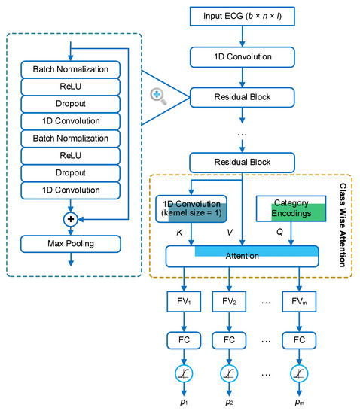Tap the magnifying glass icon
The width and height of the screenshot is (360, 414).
[159, 95]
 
